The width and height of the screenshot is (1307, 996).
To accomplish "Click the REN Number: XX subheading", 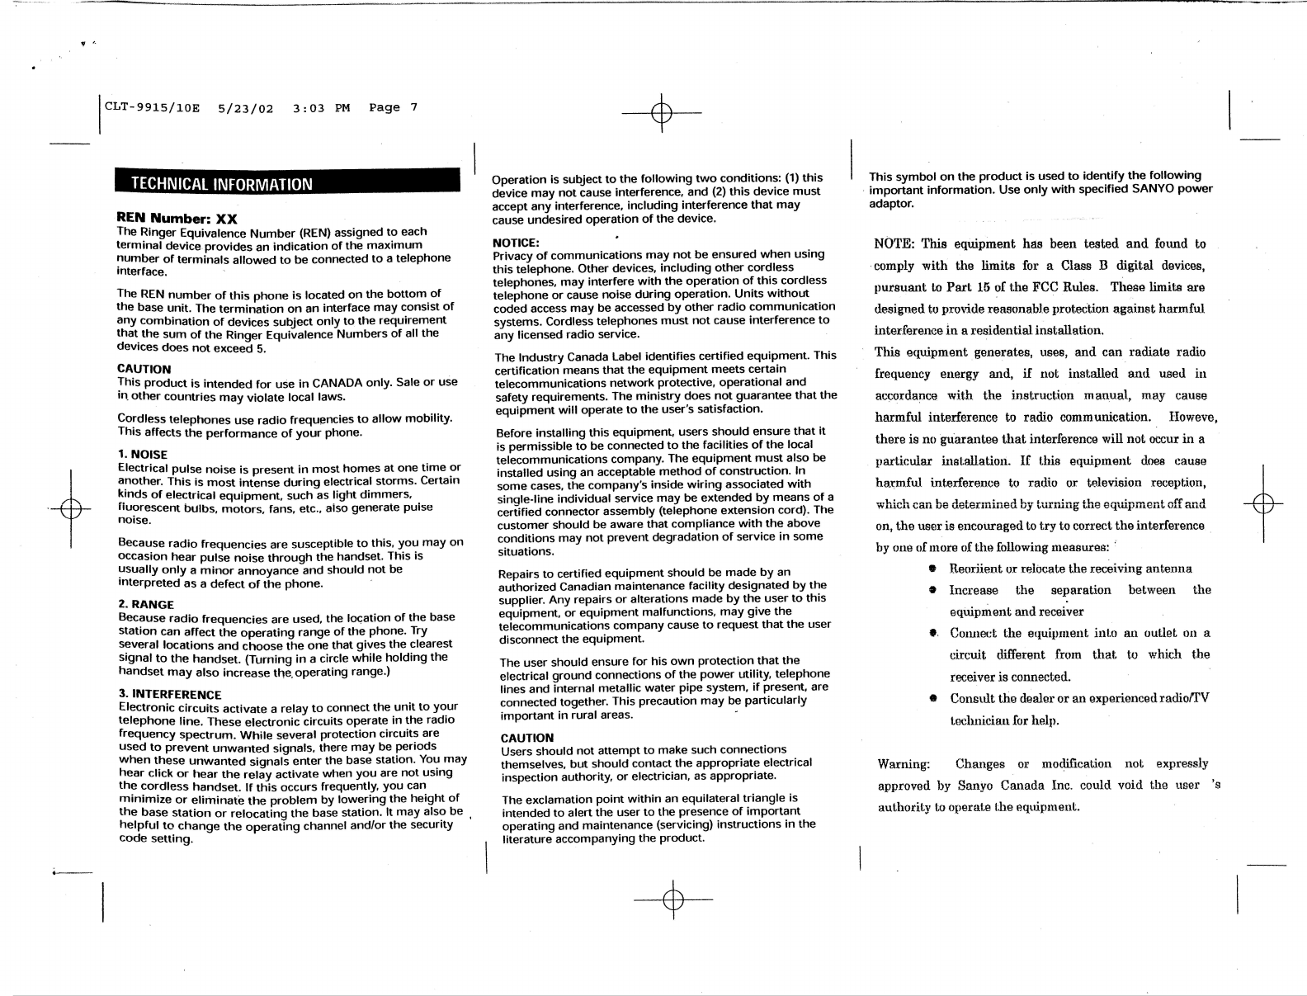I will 177,219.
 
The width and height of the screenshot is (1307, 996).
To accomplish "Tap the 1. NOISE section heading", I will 143,455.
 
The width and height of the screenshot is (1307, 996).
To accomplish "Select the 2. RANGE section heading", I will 146,604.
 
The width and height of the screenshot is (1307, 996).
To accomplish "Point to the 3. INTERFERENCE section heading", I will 171,694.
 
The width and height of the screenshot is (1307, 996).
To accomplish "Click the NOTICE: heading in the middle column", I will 516,243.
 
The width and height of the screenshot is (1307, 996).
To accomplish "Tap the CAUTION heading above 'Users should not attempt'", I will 527,737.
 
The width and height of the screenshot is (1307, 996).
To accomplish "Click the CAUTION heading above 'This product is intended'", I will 144,369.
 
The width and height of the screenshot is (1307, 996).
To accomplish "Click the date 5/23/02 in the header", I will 246,108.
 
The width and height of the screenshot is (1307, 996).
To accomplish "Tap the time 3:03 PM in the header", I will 321,108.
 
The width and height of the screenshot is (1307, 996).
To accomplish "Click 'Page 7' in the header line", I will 394,108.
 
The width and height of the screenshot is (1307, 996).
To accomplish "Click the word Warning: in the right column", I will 904,764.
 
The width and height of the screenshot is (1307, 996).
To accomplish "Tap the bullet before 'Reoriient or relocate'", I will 932,569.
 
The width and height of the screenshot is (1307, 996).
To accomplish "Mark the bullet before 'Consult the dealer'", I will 932,698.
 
